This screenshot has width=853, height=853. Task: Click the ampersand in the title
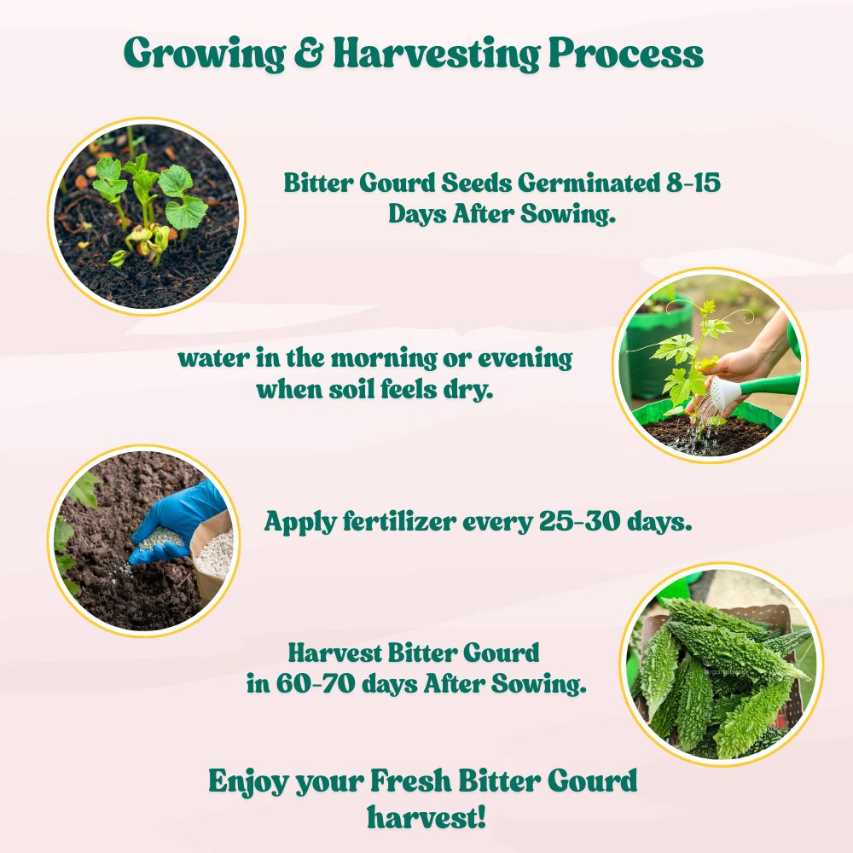click(x=308, y=53)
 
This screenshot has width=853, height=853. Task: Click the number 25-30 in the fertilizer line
click(x=580, y=521)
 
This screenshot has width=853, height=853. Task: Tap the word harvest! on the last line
click(x=426, y=816)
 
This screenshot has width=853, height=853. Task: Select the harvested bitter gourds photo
click(x=721, y=664)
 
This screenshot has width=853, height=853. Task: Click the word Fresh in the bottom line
click(x=409, y=781)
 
